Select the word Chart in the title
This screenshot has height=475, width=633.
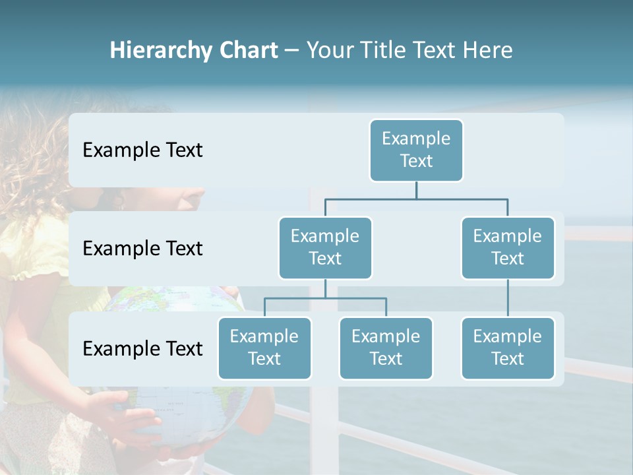(x=246, y=51)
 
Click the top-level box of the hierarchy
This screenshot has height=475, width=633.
(x=416, y=150)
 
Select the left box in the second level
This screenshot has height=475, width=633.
(x=325, y=248)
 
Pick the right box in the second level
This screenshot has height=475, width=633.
(x=508, y=248)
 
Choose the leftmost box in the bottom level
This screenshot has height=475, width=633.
(x=264, y=348)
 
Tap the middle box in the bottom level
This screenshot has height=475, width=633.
(x=386, y=348)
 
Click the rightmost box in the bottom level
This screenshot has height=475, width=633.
(x=508, y=348)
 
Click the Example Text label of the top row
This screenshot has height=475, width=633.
(x=142, y=150)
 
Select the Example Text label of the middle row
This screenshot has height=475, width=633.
(x=142, y=249)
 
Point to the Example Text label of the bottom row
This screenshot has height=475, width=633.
(x=142, y=348)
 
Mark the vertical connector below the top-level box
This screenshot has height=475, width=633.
(x=416, y=190)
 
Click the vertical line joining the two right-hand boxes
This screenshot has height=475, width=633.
(x=508, y=298)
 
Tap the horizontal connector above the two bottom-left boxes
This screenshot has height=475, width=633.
(x=325, y=298)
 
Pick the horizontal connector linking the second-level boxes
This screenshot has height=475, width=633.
(x=416, y=198)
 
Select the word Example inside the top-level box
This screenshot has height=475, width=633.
(x=416, y=139)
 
